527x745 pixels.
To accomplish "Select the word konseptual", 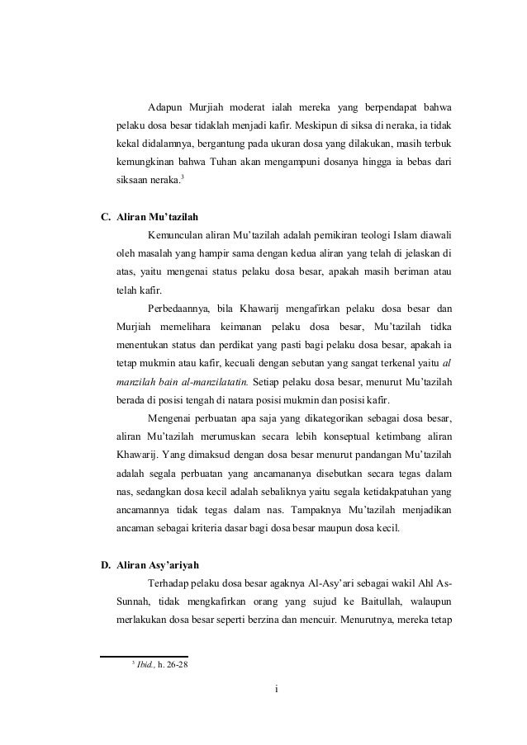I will click(x=325, y=436).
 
